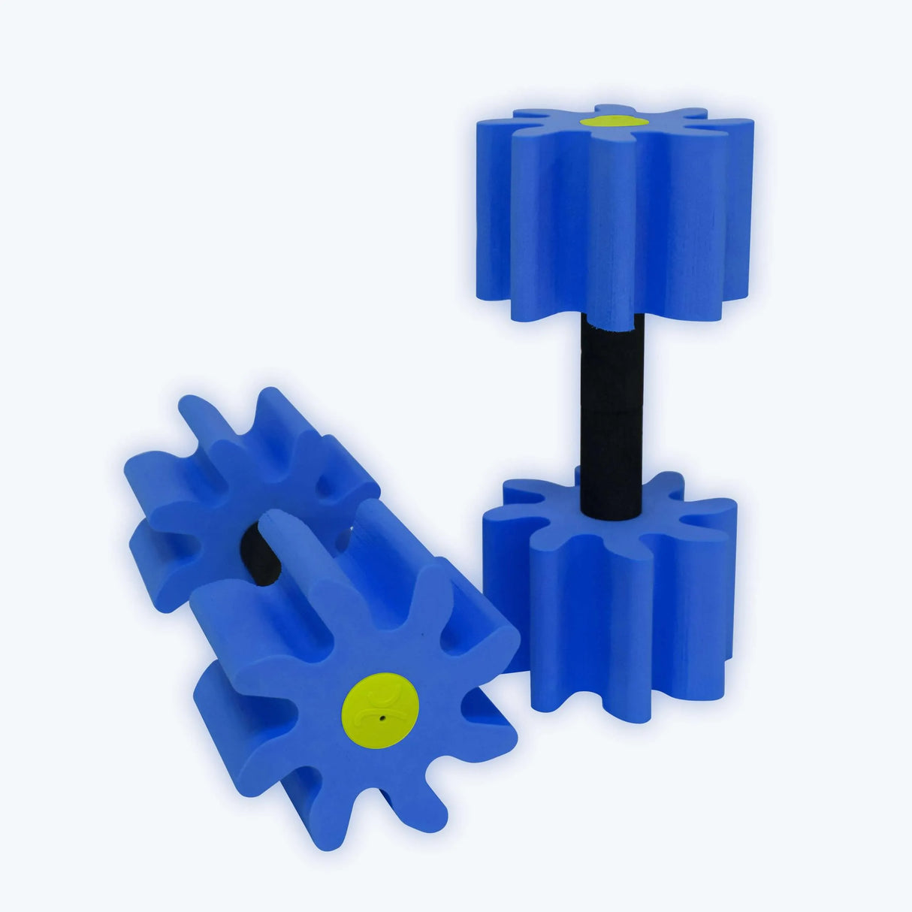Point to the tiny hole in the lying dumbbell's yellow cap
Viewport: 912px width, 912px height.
pos(382,717)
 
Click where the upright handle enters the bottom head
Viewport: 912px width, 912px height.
pos(612,515)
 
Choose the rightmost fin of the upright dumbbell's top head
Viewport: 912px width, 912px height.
pos(732,203)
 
